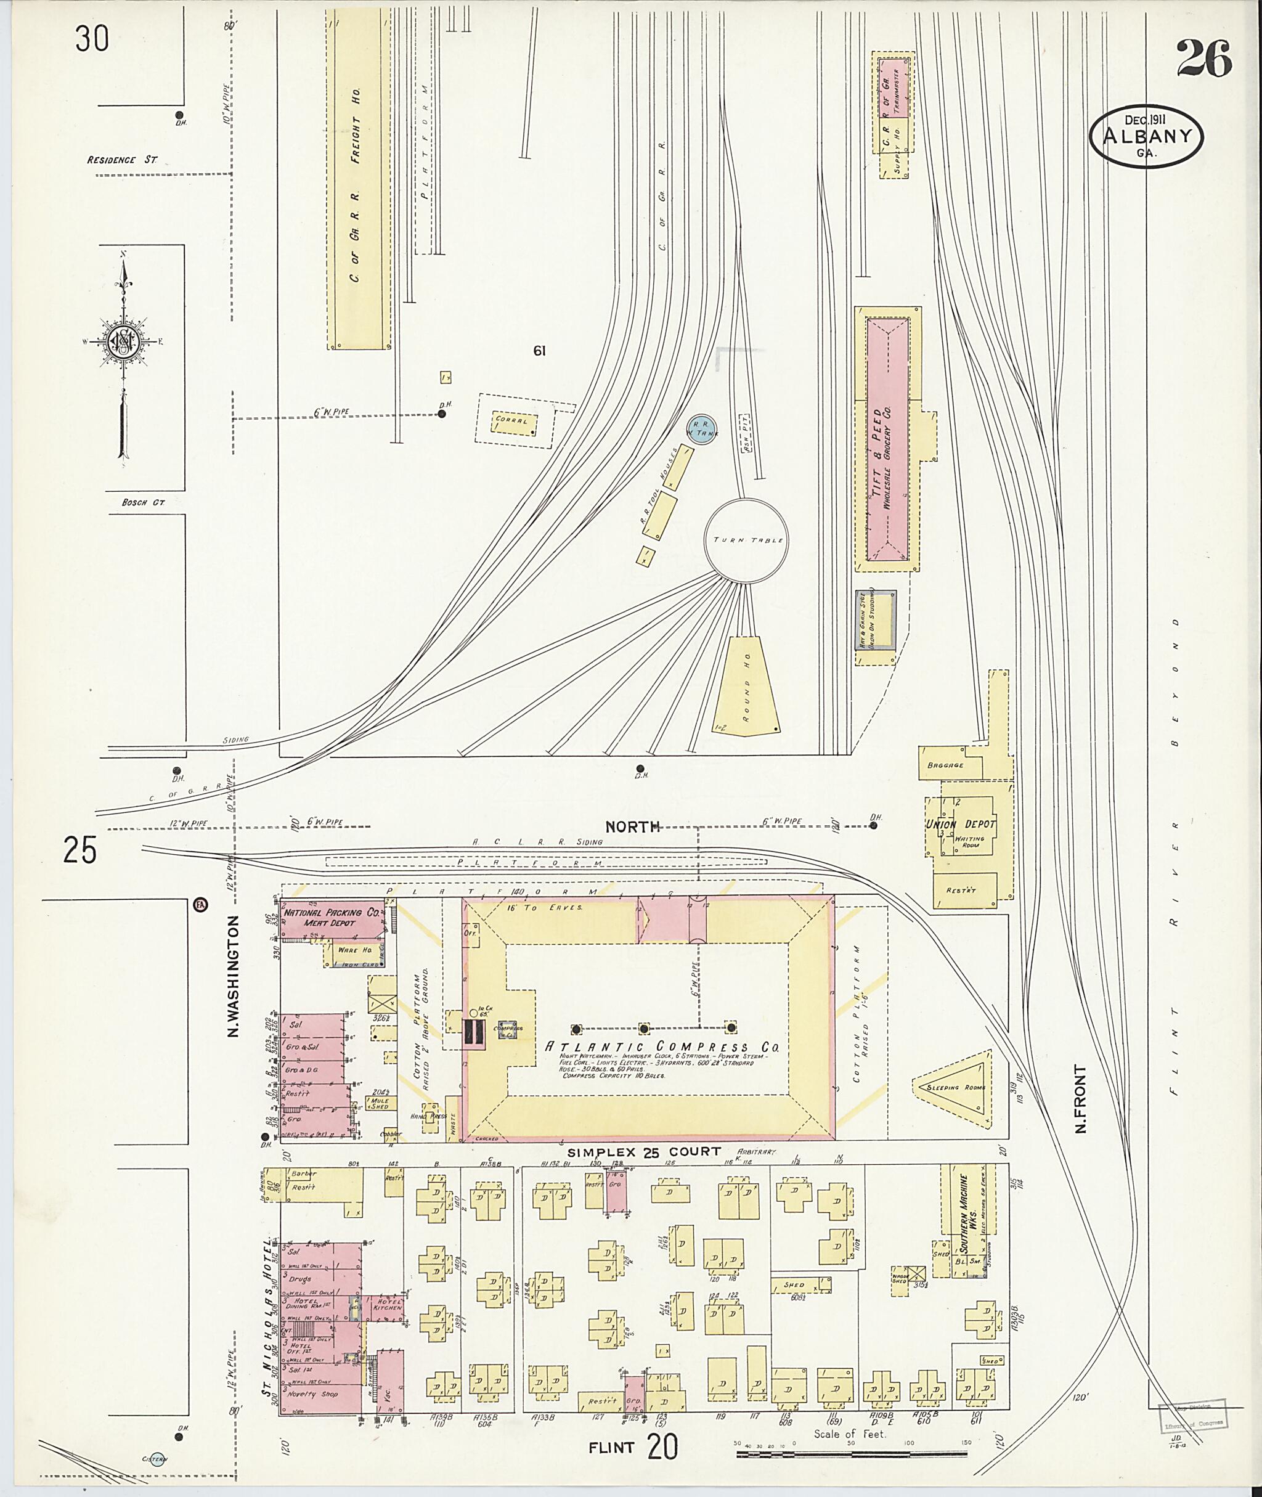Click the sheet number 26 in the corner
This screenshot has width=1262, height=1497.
1203,59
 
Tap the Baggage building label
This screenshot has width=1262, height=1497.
945,765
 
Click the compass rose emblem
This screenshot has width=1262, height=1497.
124,341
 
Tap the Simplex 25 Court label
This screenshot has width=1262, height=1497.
643,1152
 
